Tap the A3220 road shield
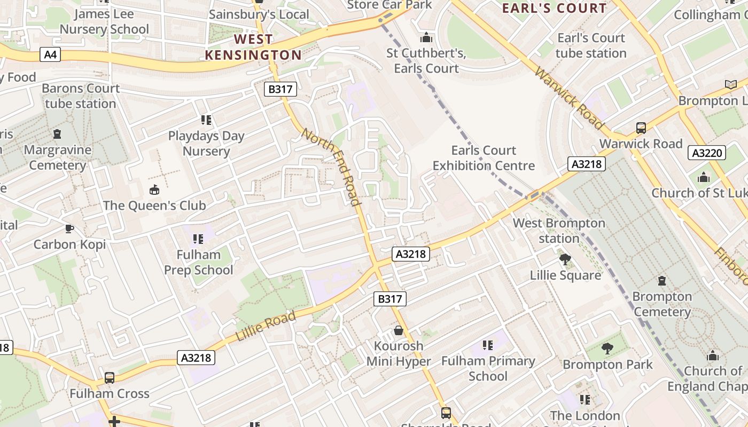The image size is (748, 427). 707,153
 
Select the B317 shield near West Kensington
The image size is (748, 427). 280,89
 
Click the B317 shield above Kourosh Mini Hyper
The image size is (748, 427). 389,299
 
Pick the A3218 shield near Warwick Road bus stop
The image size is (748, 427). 586,164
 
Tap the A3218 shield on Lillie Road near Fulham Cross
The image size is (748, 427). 196,358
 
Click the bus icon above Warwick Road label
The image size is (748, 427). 641,128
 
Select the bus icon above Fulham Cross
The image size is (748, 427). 109,378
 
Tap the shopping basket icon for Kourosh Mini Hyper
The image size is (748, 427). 398,330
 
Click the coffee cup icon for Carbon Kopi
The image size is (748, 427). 69,228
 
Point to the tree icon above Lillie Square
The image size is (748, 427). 565,259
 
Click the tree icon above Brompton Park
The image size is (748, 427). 607,349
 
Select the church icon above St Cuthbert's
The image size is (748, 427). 426,37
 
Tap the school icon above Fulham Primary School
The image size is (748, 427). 487,345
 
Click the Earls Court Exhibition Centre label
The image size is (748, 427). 484,158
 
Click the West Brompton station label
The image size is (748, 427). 559,231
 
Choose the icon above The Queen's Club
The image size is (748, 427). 154,189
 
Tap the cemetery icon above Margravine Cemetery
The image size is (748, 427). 57,134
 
